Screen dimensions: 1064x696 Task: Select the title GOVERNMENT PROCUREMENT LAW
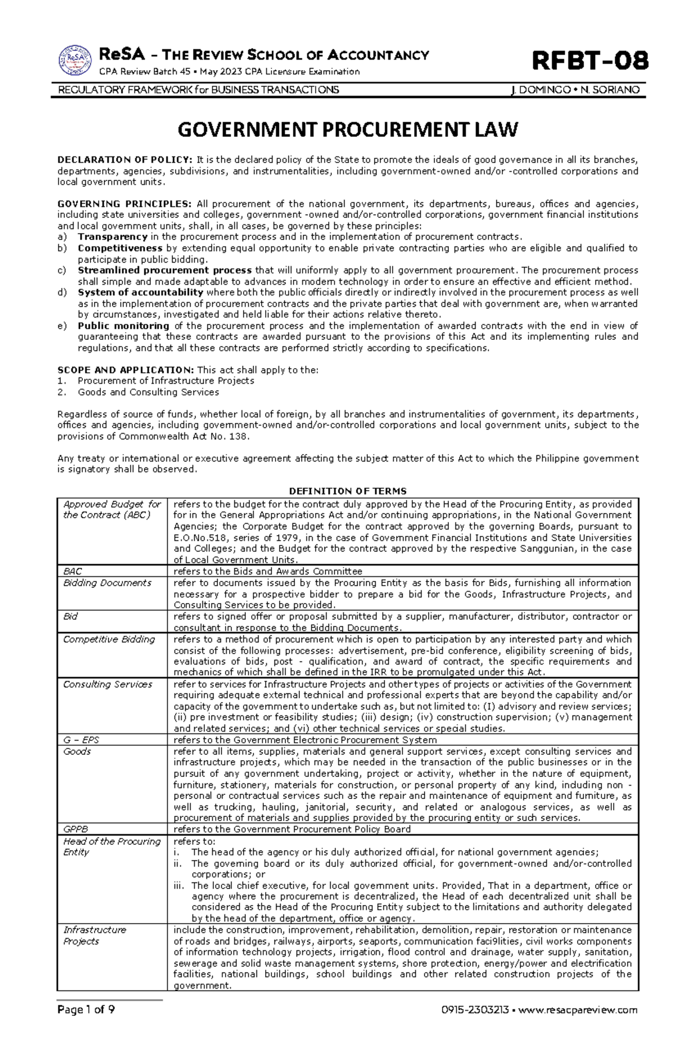[x=347, y=129]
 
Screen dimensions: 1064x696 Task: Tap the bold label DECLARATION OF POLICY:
[x=125, y=160]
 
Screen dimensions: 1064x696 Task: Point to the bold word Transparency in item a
[x=113, y=237]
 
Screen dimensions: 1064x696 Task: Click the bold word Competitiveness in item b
[x=120, y=248]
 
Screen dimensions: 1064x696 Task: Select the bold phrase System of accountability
[x=141, y=292]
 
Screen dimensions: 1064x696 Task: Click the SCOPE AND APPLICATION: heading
[x=126, y=370]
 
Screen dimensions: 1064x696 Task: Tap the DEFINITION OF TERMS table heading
[x=347, y=491]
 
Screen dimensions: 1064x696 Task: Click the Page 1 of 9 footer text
[x=86, y=1026]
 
